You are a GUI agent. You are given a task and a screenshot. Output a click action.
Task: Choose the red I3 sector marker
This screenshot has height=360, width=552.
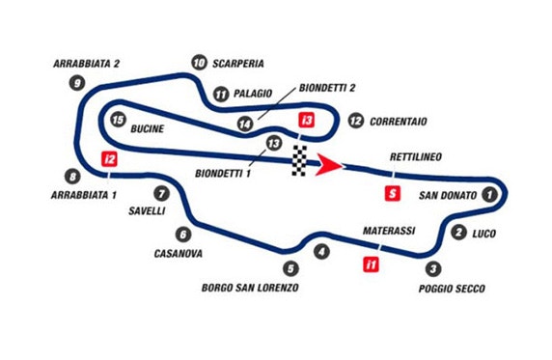tap(307, 121)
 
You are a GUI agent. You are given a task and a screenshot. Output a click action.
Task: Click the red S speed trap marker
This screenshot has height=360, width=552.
tap(391, 193)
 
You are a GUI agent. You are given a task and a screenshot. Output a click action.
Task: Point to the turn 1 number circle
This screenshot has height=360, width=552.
tap(489, 194)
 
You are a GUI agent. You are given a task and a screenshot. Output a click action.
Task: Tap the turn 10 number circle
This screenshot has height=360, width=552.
tap(198, 64)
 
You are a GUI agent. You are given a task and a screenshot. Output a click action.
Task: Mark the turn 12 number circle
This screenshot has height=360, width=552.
tap(356, 121)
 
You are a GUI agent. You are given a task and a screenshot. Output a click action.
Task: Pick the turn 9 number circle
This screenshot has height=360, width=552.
tap(76, 83)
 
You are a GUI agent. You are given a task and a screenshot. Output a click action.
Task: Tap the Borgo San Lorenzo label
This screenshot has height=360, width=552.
tap(250, 289)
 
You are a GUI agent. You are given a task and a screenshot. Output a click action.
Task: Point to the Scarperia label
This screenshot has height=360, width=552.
tap(239, 64)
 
